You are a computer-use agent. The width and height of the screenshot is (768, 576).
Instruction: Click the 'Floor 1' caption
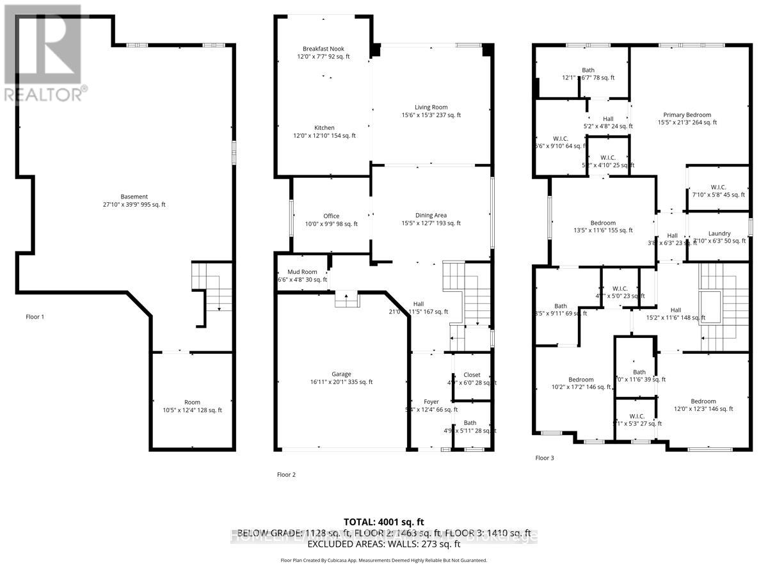(x=35, y=317)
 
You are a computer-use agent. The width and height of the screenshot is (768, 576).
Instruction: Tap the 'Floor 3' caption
(x=545, y=458)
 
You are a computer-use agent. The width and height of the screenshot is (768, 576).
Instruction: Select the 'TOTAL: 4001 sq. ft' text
(x=384, y=522)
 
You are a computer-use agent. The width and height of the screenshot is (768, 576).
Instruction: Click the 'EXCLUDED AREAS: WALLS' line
(x=384, y=545)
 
